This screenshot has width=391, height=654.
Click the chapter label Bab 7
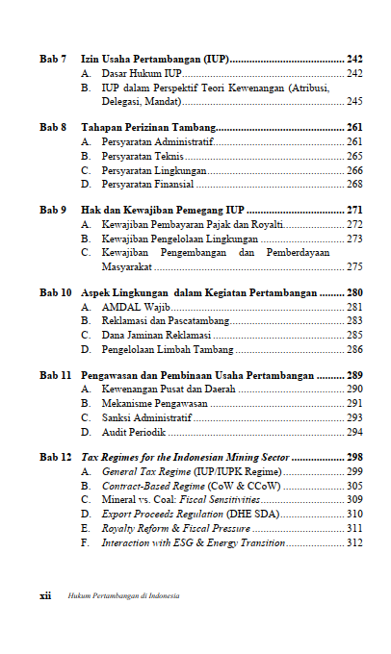52,60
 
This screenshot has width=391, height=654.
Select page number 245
354,101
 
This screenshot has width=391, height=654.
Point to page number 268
354,184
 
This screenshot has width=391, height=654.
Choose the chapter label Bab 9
52,210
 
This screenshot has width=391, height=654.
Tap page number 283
354,321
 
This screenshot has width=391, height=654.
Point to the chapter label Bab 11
55,376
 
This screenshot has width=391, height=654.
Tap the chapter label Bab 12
55,459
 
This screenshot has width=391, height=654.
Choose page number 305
354,487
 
